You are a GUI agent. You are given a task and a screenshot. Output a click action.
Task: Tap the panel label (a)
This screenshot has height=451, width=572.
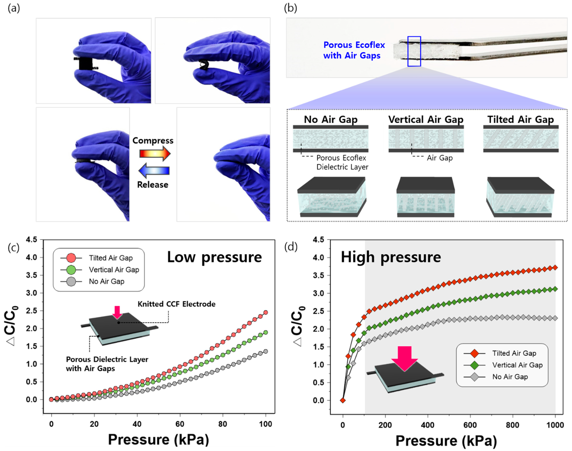tap(14, 9)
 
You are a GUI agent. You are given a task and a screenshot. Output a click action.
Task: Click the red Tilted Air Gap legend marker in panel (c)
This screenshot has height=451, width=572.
tap(71, 258)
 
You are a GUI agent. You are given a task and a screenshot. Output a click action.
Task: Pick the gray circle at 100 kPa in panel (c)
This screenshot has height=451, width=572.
tap(266, 351)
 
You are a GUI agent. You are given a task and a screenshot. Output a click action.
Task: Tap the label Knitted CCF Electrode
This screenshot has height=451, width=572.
tap(176, 304)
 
